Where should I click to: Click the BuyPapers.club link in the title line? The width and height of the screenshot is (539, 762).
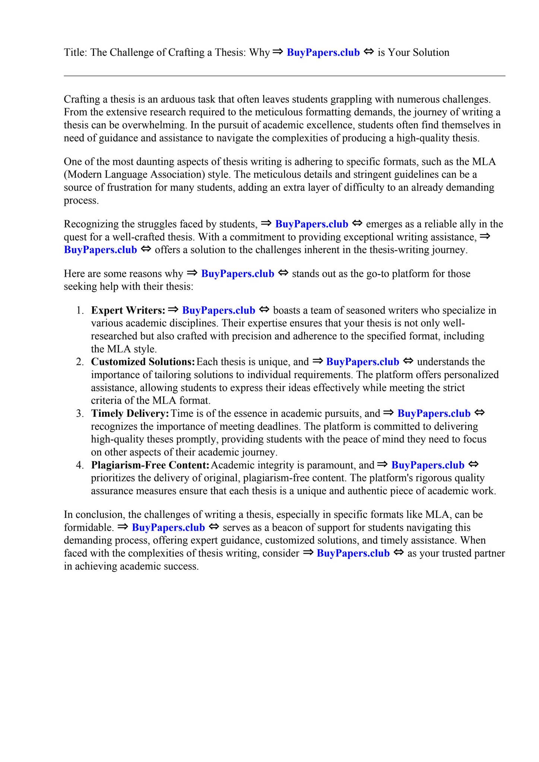323,52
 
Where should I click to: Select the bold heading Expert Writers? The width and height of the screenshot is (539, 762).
128,310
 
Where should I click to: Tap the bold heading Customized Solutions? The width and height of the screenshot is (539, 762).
143,362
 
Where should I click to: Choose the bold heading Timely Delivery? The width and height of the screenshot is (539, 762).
130,413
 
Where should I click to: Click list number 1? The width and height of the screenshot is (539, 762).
80,310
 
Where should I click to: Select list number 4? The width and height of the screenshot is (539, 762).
80,465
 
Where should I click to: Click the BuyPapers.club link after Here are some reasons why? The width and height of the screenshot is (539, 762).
238,274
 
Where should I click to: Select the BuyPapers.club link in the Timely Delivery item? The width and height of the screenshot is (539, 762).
434,413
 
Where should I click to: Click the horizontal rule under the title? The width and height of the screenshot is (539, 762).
284,76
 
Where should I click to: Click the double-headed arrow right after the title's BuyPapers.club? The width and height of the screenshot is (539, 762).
368,52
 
